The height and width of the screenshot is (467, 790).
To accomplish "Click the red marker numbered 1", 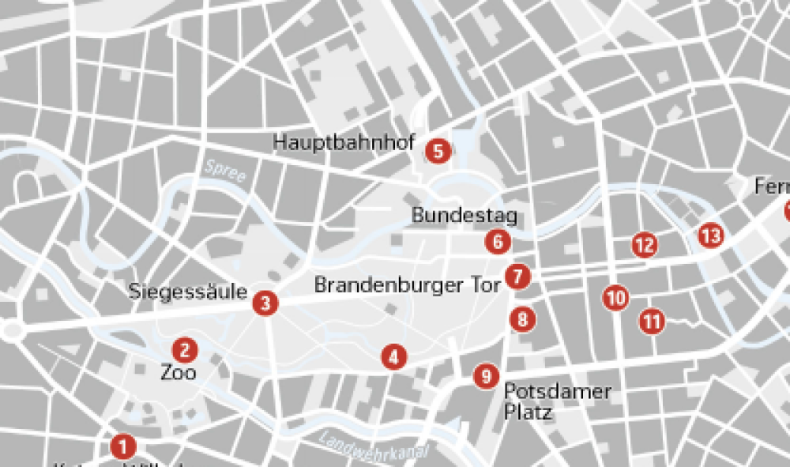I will point(122,446).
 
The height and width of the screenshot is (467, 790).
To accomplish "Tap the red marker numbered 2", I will point(185,349).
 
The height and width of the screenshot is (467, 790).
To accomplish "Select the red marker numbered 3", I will point(265,303).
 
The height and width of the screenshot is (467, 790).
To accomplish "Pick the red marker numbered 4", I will point(393,357).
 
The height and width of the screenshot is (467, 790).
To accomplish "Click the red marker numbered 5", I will point(438,150).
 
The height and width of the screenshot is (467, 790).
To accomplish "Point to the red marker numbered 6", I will point(497,242).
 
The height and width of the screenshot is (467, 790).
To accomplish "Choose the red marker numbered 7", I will point(517,277).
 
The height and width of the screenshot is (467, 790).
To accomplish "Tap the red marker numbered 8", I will point(522,320).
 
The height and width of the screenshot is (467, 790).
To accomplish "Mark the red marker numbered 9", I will point(486,376).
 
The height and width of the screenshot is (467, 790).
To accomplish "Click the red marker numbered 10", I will point(615,298).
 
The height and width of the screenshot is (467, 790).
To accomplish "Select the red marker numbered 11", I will point(652,321).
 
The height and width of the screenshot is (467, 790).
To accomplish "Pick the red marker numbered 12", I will point(645,245).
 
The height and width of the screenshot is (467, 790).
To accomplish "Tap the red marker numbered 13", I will point(710,235).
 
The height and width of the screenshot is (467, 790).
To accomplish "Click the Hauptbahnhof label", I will point(344,142).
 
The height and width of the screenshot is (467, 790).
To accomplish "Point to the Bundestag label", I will point(464,216).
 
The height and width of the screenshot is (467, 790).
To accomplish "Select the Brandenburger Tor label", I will point(407,284).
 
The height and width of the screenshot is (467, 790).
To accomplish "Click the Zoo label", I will point(179,371).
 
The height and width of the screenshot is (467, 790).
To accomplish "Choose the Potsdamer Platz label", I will point(557,401).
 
